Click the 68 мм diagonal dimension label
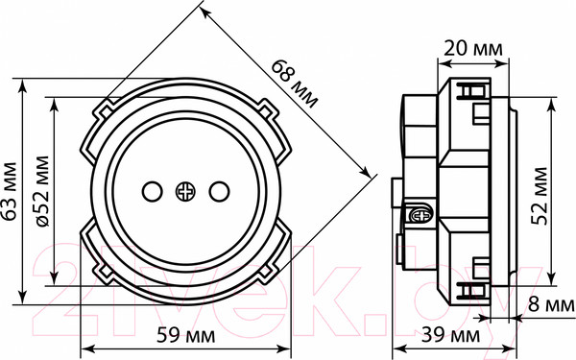295,84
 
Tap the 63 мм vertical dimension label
10,191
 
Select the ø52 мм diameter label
42,191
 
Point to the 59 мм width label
186,335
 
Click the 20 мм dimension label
473,49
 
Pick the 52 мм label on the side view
540,196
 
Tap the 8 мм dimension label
551,304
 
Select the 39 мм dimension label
450,335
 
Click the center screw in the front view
185,191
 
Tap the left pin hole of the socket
152,191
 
